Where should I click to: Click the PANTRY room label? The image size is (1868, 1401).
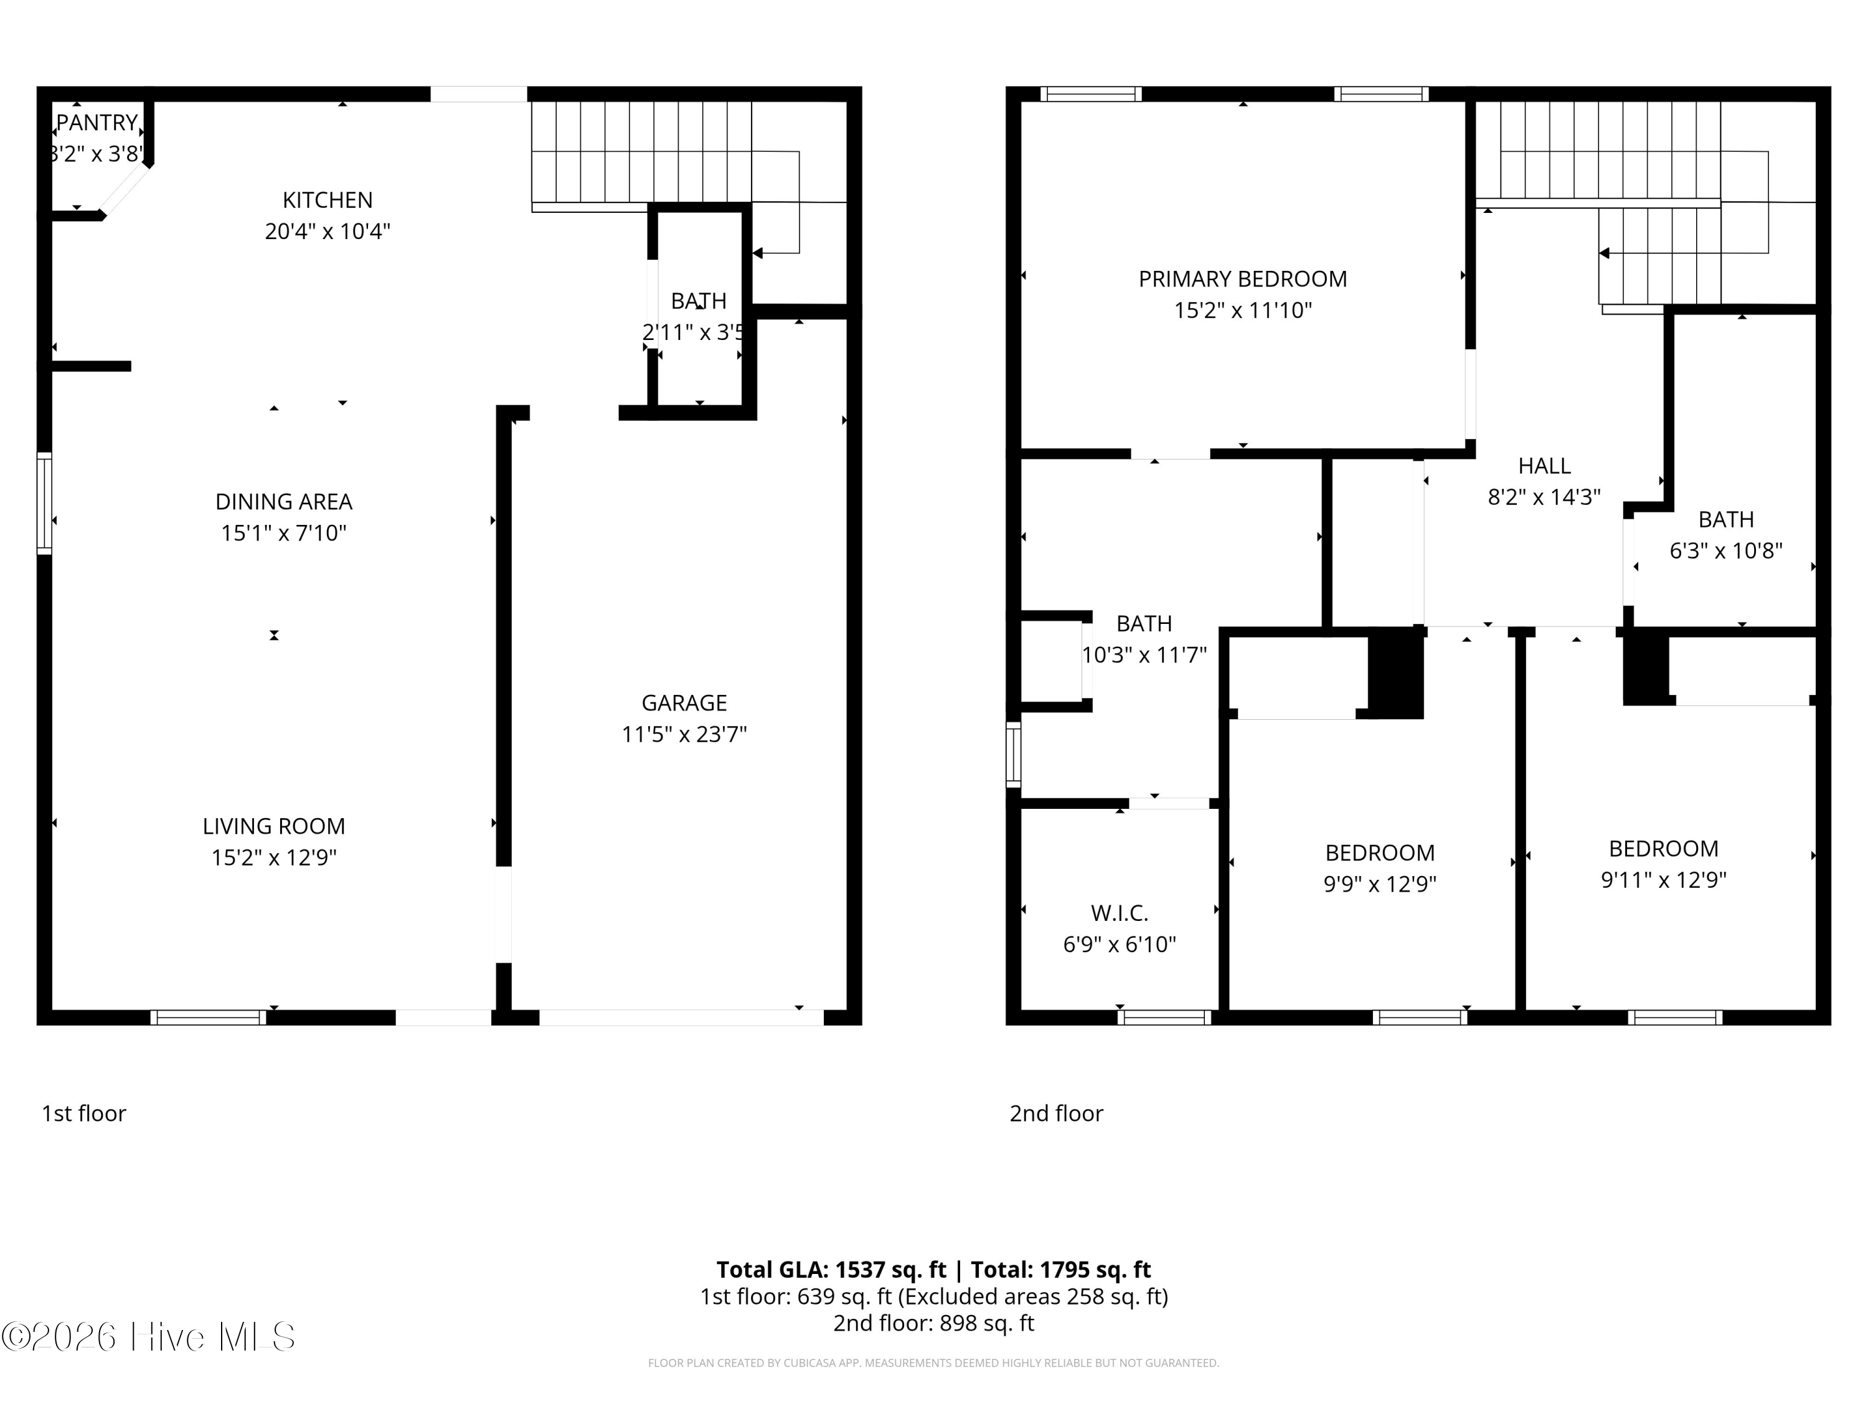pos(97,123)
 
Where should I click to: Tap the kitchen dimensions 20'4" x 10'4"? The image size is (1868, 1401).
pos(328,232)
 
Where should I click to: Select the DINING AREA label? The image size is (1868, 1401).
pos(284,502)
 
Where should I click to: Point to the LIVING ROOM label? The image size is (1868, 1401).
pos(273,826)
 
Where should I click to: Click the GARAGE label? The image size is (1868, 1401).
pos(684,702)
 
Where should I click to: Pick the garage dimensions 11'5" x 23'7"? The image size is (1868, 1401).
pos(684,735)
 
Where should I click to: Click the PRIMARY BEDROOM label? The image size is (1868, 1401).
pos(1242,279)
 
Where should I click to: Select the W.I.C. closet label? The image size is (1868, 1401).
pos(1119,913)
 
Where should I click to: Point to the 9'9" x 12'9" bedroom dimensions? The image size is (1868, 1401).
pos(1379,884)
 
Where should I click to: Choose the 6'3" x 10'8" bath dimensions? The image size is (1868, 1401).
pos(1725,550)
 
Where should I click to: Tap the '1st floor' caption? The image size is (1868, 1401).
pos(83,1113)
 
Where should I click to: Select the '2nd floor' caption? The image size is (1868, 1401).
pos(1055,1113)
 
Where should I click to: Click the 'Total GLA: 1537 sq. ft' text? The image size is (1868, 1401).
pos(831,1269)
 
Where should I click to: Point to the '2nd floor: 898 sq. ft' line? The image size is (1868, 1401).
pos(933,1323)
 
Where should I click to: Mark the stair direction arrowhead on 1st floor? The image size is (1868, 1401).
pos(758,253)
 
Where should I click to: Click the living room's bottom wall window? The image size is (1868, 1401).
pos(209,1017)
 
